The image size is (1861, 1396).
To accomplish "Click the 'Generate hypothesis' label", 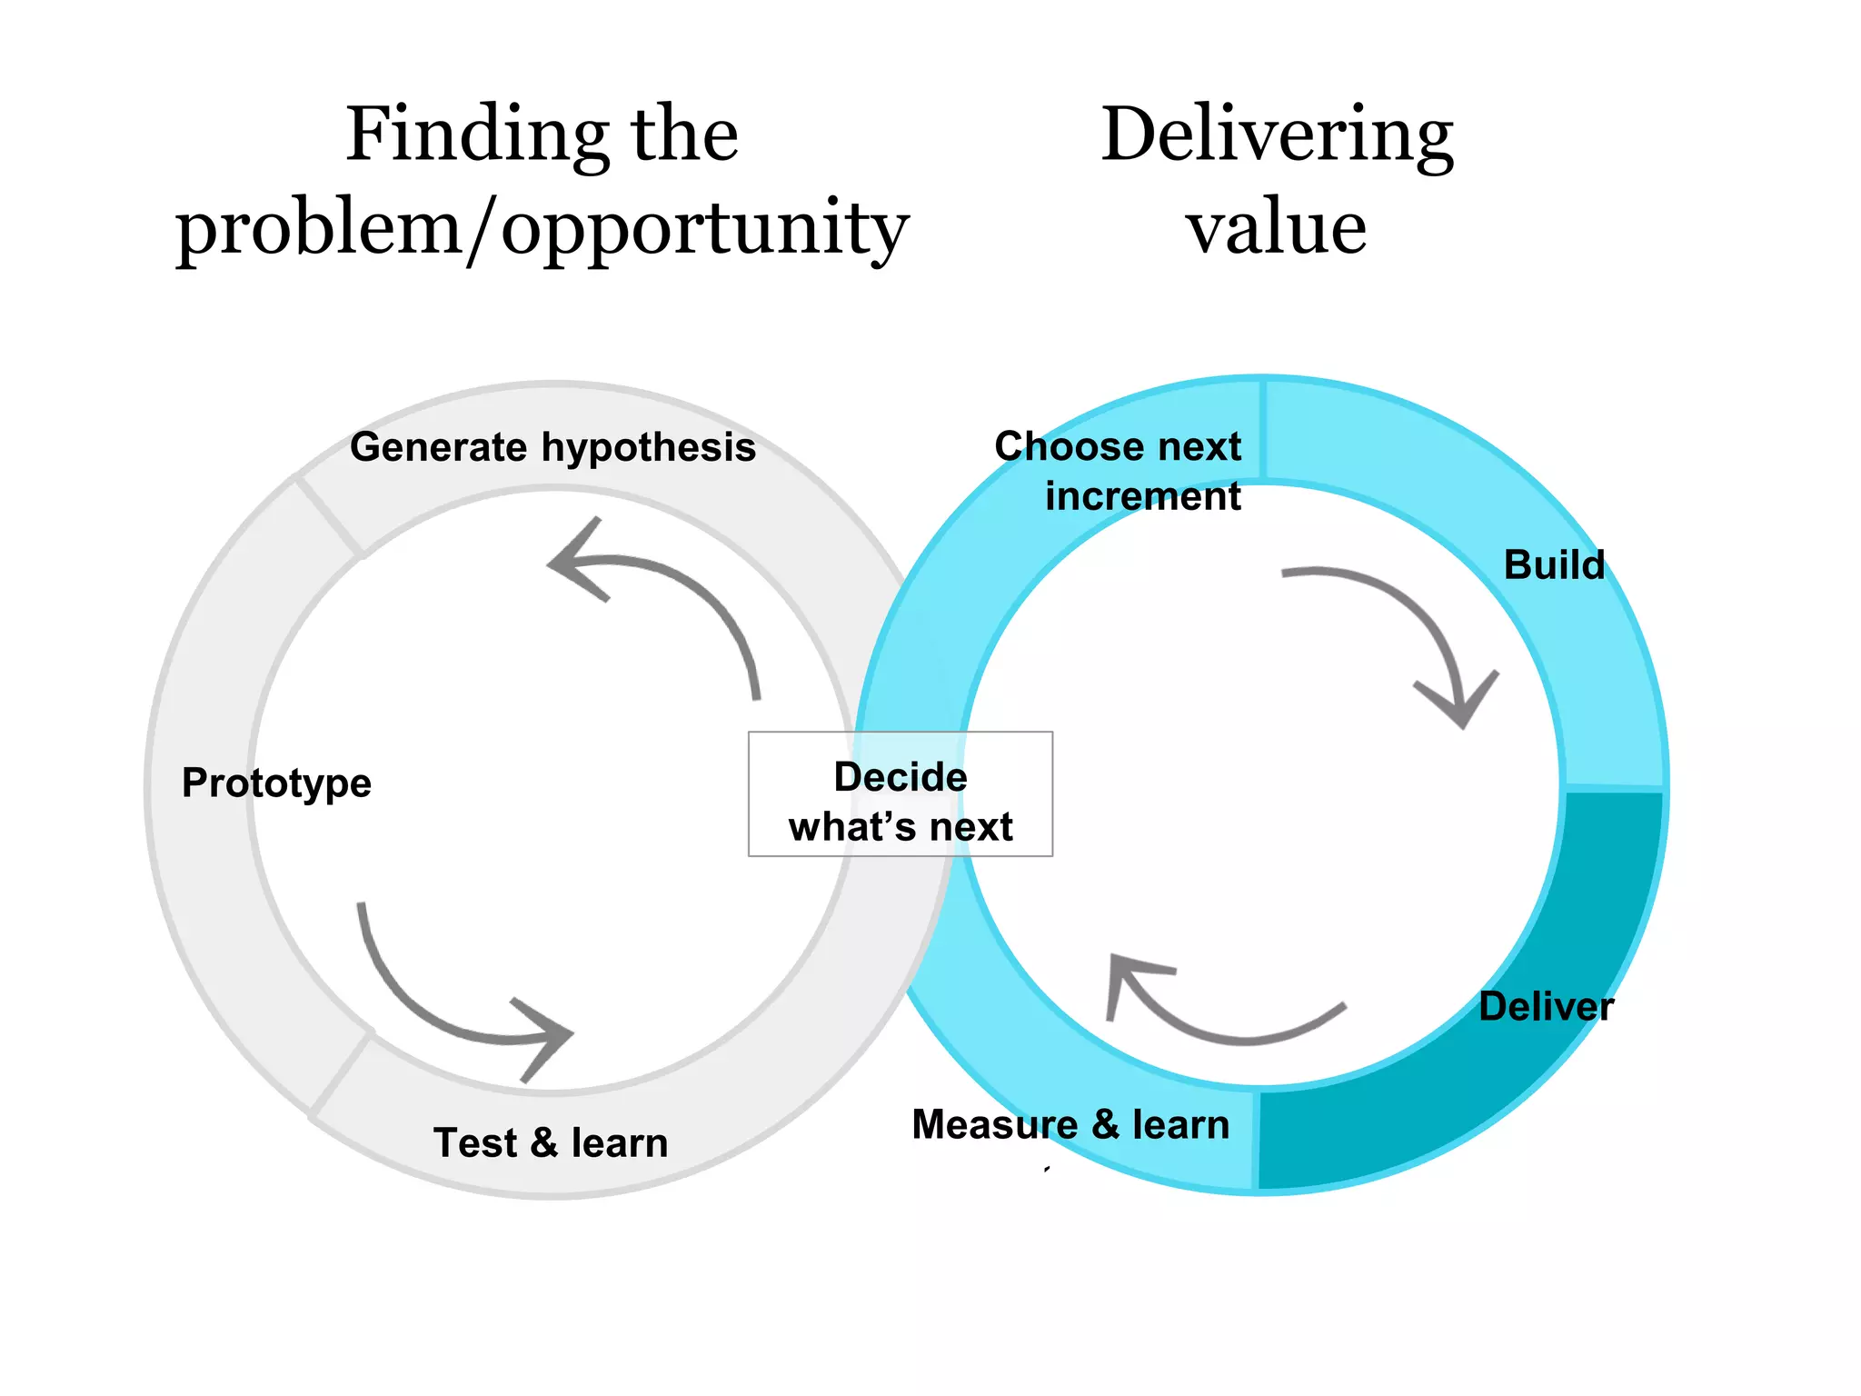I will (x=552, y=447).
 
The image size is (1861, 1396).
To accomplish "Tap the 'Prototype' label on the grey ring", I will (x=276, y=783).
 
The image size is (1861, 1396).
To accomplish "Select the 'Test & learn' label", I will (x=551, y=1142).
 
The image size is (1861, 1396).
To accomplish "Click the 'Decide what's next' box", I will (x=901, y=794).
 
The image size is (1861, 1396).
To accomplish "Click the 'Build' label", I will (x=1554, y=564).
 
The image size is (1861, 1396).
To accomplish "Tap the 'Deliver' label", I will (x=1546, y=1006).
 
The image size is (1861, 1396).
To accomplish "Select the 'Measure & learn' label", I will (x=1070, y=1124).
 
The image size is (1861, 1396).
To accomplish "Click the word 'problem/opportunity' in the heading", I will (x=542, y=229).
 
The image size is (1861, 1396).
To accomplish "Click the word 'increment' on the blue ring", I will (x=1142, y=496).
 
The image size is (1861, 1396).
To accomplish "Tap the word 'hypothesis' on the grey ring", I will (x=649, y=447).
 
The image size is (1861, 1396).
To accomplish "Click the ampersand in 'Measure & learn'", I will (x=1104, y=1124).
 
